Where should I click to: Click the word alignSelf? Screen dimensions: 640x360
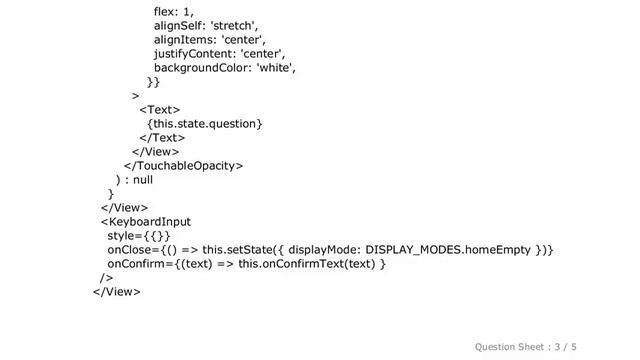pos(178,26)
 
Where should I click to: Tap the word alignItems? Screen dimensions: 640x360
pos(183,40)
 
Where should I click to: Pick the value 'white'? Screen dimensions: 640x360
pos(276,68)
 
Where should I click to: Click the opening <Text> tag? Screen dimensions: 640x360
pos(160,110)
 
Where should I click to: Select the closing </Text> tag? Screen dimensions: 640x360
pos(162,138)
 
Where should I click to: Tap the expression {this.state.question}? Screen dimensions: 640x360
pos(204,124)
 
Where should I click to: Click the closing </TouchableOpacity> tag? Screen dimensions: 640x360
pos(184,166)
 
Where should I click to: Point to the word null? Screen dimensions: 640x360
pos(143,180)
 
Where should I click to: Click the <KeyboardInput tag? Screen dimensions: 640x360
pos(146,222)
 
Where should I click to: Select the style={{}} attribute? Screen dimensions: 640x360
pos(139,236)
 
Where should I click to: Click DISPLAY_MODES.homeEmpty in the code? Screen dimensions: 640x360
pos(448,250)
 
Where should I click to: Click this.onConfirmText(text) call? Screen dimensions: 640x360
pos(307,264)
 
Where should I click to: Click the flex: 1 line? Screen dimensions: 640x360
pos(174,12)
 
